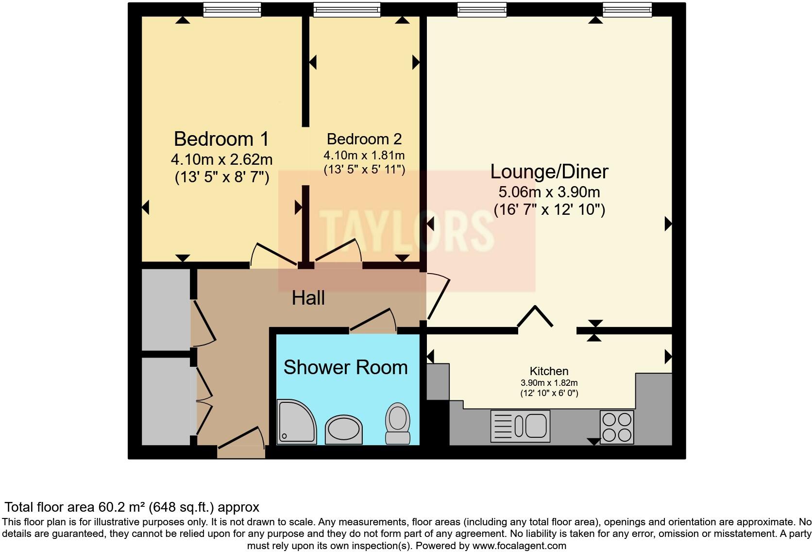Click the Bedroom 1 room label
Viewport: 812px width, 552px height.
tap(221, 139)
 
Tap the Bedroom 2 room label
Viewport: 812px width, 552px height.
tap(364, 139)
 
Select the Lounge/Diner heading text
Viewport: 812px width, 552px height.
tap(549, 172)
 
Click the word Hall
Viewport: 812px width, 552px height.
tap(308, 298)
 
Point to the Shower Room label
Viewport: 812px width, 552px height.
tap(345, 367)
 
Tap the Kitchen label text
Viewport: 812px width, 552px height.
tap(549, 371)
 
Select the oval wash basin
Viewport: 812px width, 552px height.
tap(343, 429)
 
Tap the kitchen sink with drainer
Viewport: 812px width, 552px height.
tap(520, 426)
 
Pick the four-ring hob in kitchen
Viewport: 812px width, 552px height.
tap(617, 427)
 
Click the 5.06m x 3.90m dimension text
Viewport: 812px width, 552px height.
tap(549, 192)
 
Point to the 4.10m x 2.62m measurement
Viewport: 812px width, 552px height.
tap(221, 159)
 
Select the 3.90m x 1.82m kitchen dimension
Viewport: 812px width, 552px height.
tap(549, 383)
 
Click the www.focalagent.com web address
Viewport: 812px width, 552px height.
tap(519, 546)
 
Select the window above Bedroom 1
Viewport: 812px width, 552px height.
tap(232, 9)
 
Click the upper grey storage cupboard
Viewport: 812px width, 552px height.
tap(165, 310)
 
